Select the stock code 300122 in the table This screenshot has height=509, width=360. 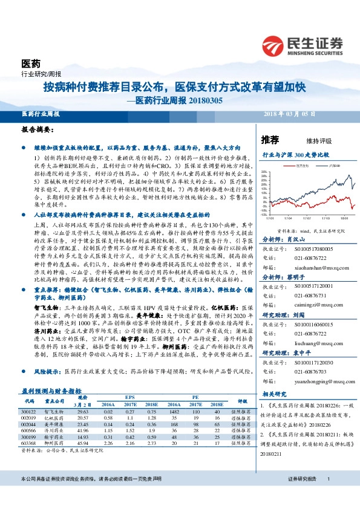point(29,410)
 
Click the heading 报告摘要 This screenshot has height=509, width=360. point(34,130)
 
